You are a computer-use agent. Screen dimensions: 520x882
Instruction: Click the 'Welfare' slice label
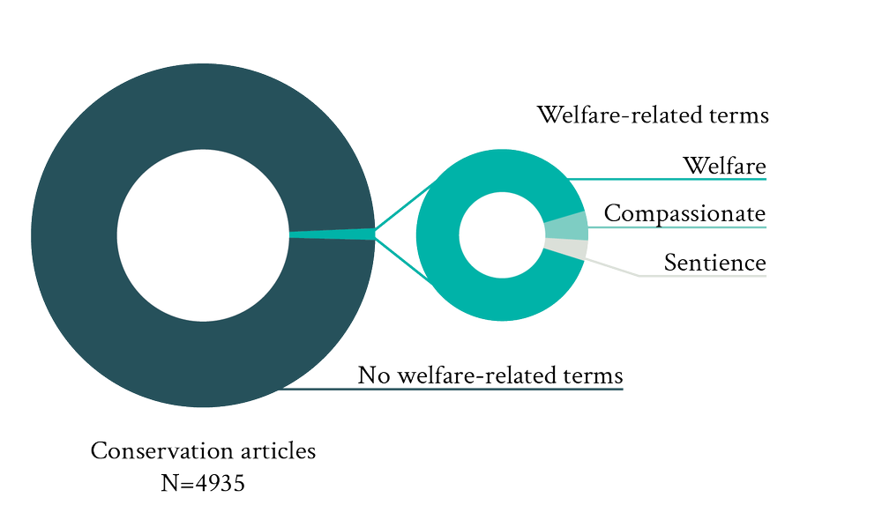pyautogui.click(x=724, y=166)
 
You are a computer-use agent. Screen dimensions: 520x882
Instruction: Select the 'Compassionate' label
pyautogui.click(x=684, y=213)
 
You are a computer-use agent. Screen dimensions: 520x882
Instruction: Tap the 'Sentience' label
pyautogui.click(x=714, y=262)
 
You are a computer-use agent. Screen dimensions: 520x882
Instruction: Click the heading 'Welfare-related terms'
pyautogui.click(x=653, y=115)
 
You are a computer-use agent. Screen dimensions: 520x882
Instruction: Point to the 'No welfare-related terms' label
pyautogui.click(x=490, y=375)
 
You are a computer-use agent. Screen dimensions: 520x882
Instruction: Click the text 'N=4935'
pyautogui.click(x=203, y=483)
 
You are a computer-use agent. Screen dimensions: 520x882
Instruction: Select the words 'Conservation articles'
pyautogui.click(x=203, y=451)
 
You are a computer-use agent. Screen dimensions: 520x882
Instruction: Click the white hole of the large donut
pyautogui.click(x=203, y=235)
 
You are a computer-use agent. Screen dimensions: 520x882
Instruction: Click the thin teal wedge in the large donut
pyautogui.click(x=331, y=234)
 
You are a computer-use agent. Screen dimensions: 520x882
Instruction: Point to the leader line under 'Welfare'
pyautogui.click(x=670, y=179)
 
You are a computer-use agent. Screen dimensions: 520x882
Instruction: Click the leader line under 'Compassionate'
pyautogui.click(x=679, y=228)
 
